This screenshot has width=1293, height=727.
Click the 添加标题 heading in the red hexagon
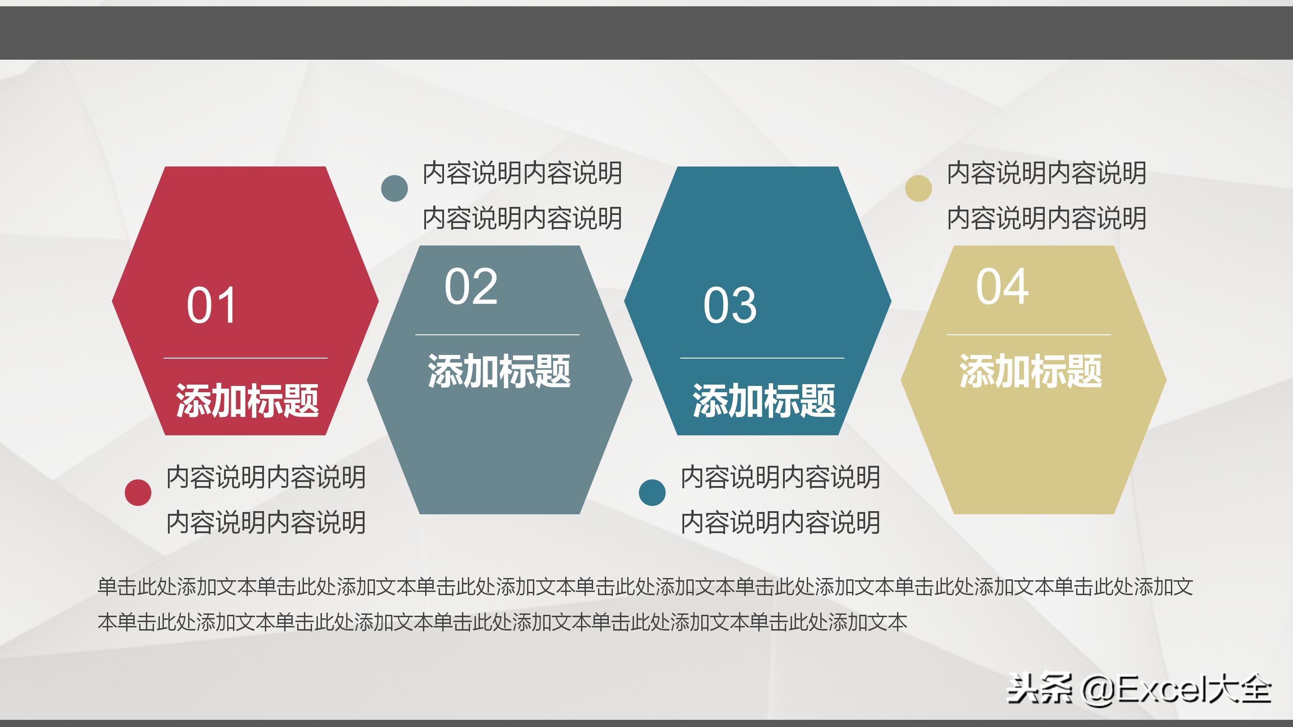click(247, 400)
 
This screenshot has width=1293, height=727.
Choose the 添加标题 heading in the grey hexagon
click(499, 371)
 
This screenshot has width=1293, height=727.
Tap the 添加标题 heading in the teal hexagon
click(764, 400)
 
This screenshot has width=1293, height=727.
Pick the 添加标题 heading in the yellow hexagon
click(1030, 371)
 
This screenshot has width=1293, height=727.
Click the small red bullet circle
click(138, 492)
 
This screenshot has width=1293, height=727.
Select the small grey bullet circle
click(395, 188)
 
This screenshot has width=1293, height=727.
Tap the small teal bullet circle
click(652, 492)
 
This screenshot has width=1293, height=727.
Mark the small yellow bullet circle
click(918, 188)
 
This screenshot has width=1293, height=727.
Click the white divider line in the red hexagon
click(246, 358)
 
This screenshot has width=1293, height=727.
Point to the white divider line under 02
click(497, 334)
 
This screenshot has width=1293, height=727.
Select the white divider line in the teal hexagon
click(762, 358)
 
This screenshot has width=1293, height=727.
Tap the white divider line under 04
click(1029, 334)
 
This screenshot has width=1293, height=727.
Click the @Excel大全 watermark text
click(1177, 689)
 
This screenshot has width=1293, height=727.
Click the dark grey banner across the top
click(646, 33)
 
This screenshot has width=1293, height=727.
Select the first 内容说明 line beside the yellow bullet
click(1047, 173)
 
